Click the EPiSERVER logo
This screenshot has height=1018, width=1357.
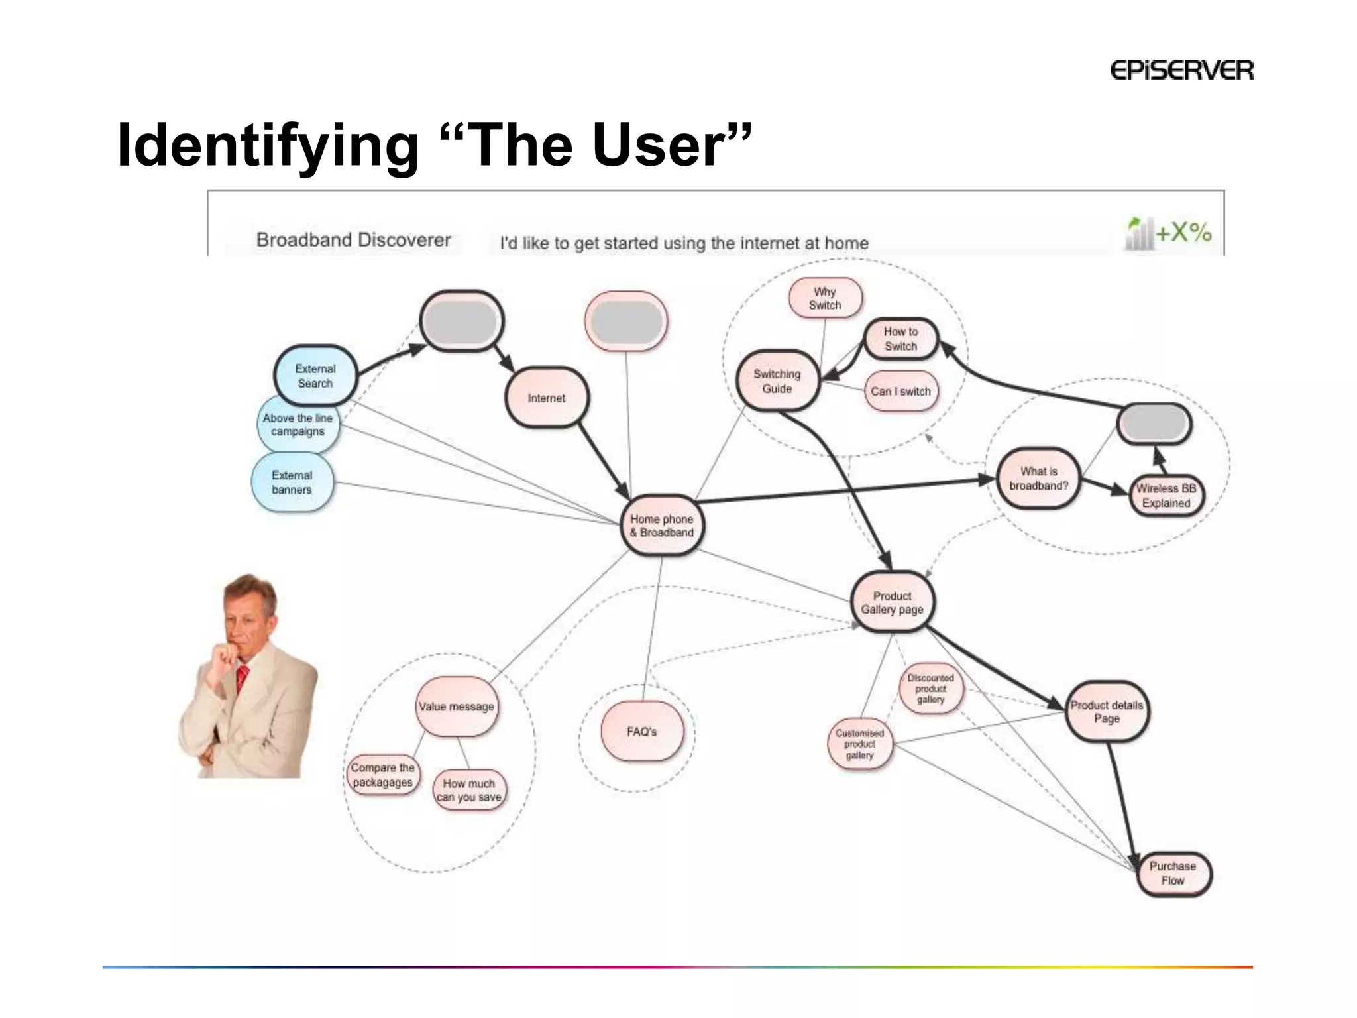(1181, 70)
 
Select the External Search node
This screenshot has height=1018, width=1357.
(315, 376)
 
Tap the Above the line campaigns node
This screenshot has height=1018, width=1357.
(298, 425)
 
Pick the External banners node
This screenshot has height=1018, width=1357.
(292, 482)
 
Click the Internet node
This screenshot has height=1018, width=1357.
(547, 398)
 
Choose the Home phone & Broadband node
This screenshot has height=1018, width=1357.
(662, 526)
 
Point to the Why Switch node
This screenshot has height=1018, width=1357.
(825, 298)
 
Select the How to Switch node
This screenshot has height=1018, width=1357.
(900, 339)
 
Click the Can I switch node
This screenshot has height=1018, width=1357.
(900, 391)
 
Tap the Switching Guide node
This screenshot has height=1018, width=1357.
(777, 381)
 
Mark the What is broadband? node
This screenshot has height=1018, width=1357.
(1038, 479)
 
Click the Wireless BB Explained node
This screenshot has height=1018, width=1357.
(1166, 496)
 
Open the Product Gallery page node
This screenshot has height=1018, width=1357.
(892, 602)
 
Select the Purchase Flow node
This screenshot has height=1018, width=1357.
(1173, 874)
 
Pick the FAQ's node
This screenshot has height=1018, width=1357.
(641, 732)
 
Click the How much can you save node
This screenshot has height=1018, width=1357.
(469, 790)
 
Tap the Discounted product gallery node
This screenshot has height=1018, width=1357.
(930, 689)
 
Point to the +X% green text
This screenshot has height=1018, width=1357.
(1183, 233)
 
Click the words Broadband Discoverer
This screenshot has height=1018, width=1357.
(353, 240)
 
